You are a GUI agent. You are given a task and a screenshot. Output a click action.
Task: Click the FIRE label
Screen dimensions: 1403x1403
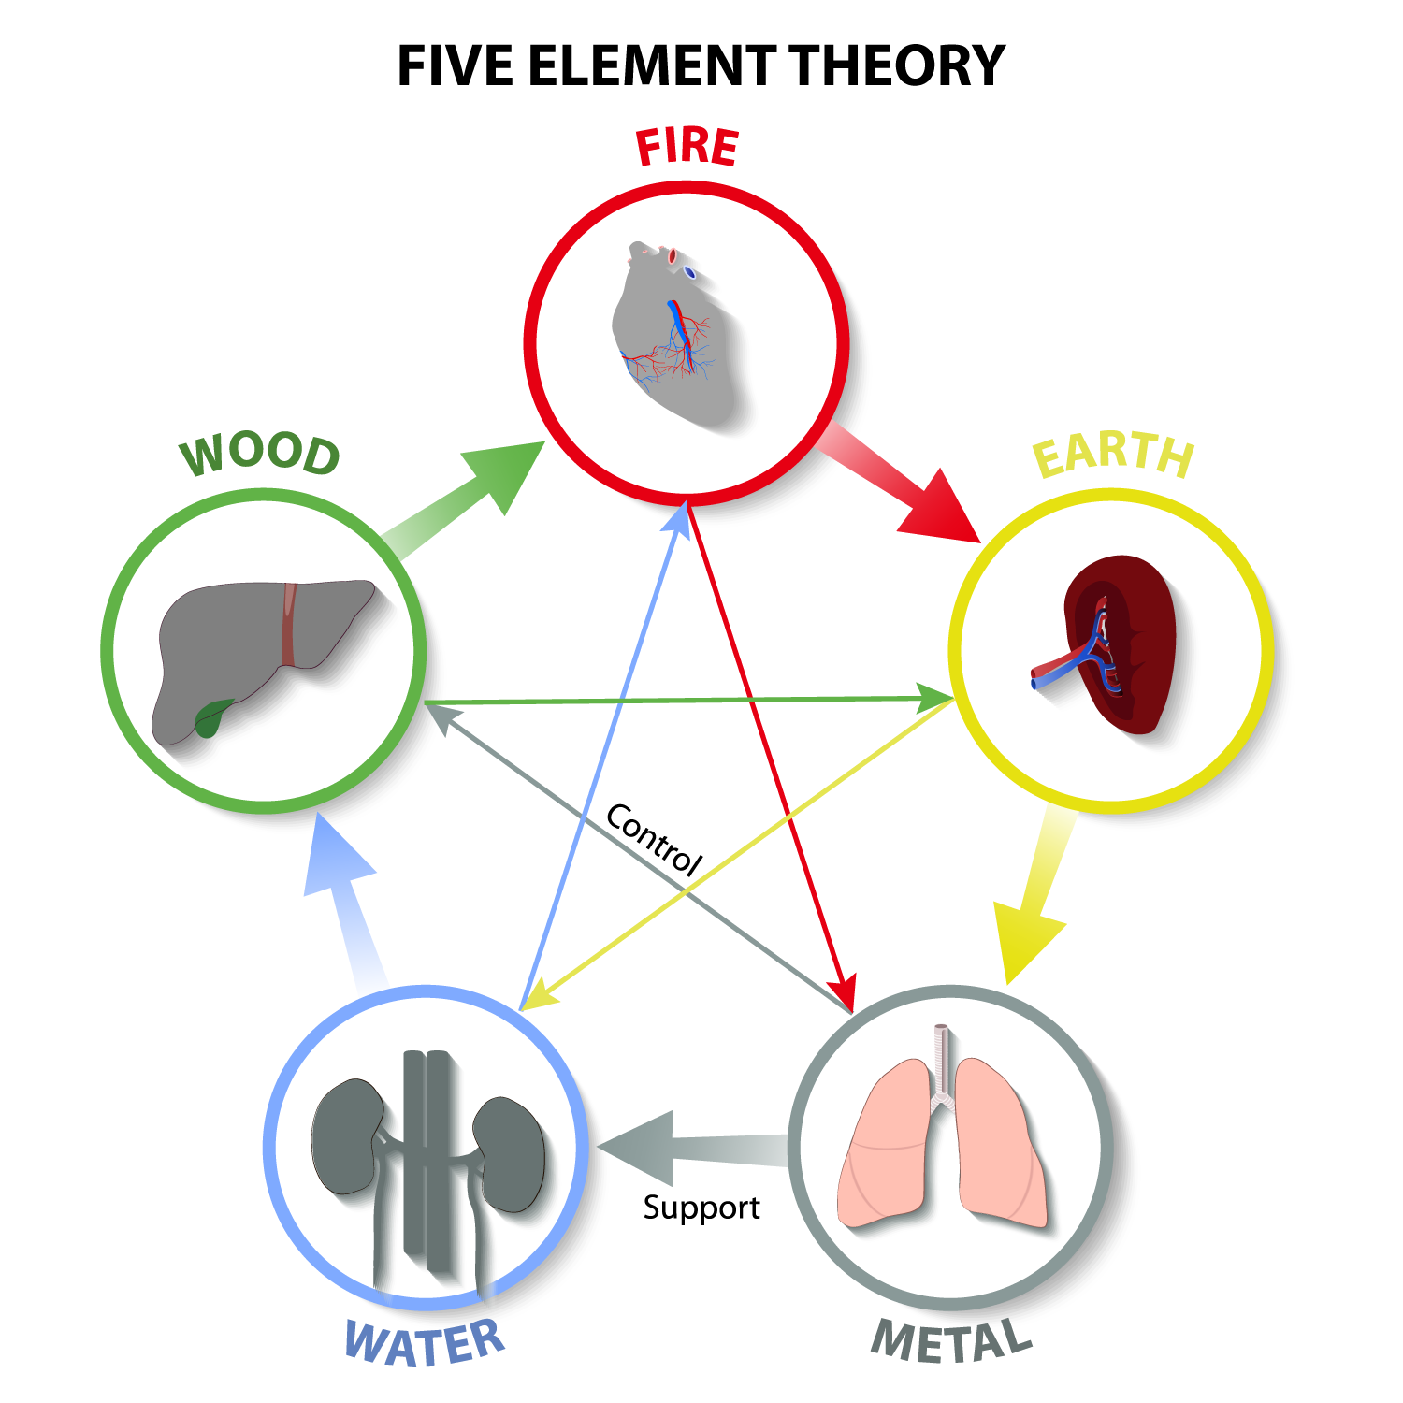[x=687, y=148]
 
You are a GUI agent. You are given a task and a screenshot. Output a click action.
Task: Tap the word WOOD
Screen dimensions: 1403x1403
[x=260, y=455]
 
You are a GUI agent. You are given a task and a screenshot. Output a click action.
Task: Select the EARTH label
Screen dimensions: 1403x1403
[x=1113, y=455]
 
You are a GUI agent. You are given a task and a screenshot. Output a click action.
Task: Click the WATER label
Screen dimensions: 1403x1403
[x=426, y=1343]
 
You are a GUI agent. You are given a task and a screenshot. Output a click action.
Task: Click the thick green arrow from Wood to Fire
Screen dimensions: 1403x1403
[x=468, y=496]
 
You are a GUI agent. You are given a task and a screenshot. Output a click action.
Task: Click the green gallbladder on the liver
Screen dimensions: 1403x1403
[x=212, y=717]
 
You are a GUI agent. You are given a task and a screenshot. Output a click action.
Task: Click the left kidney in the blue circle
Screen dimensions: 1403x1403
[x=346, y=1136]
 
